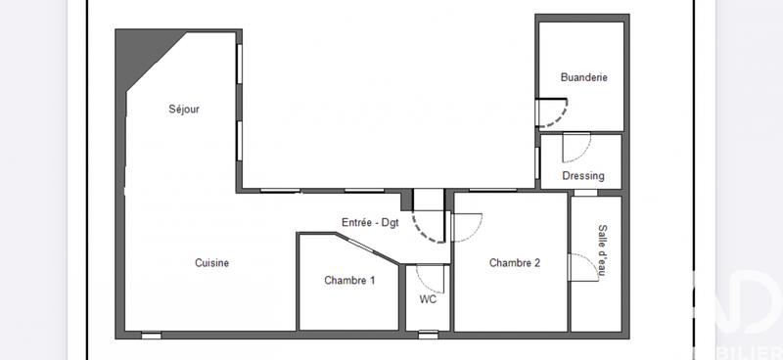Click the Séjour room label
click(x=183, y=110)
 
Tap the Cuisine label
click(x=211, y=263)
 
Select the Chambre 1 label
click(x=349, y=281)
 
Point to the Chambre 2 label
click(x=515, y=263)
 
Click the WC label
click(x=427, y=299)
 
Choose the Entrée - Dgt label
click(x=370, y=222)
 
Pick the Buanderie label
click(x=584, y=77)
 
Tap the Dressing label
click(x=583, y=177)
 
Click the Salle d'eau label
click(x=602, y=251)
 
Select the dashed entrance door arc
click(x=428, y=230)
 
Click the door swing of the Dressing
click(x=577, y=147)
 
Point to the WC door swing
click(x=431, y=279)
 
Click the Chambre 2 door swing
click(x=468, y=228)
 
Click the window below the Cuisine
click(x=151, y=336)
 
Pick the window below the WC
click(x=429, y=336)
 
